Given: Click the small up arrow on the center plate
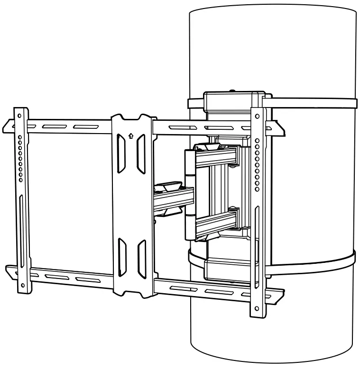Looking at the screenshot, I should pyautogui.click(x=131, y=135).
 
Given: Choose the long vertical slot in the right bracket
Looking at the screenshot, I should pyautogui.click(x=257, y=237).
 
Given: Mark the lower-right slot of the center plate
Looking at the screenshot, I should pyautogui.click(x=141, y=258).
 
